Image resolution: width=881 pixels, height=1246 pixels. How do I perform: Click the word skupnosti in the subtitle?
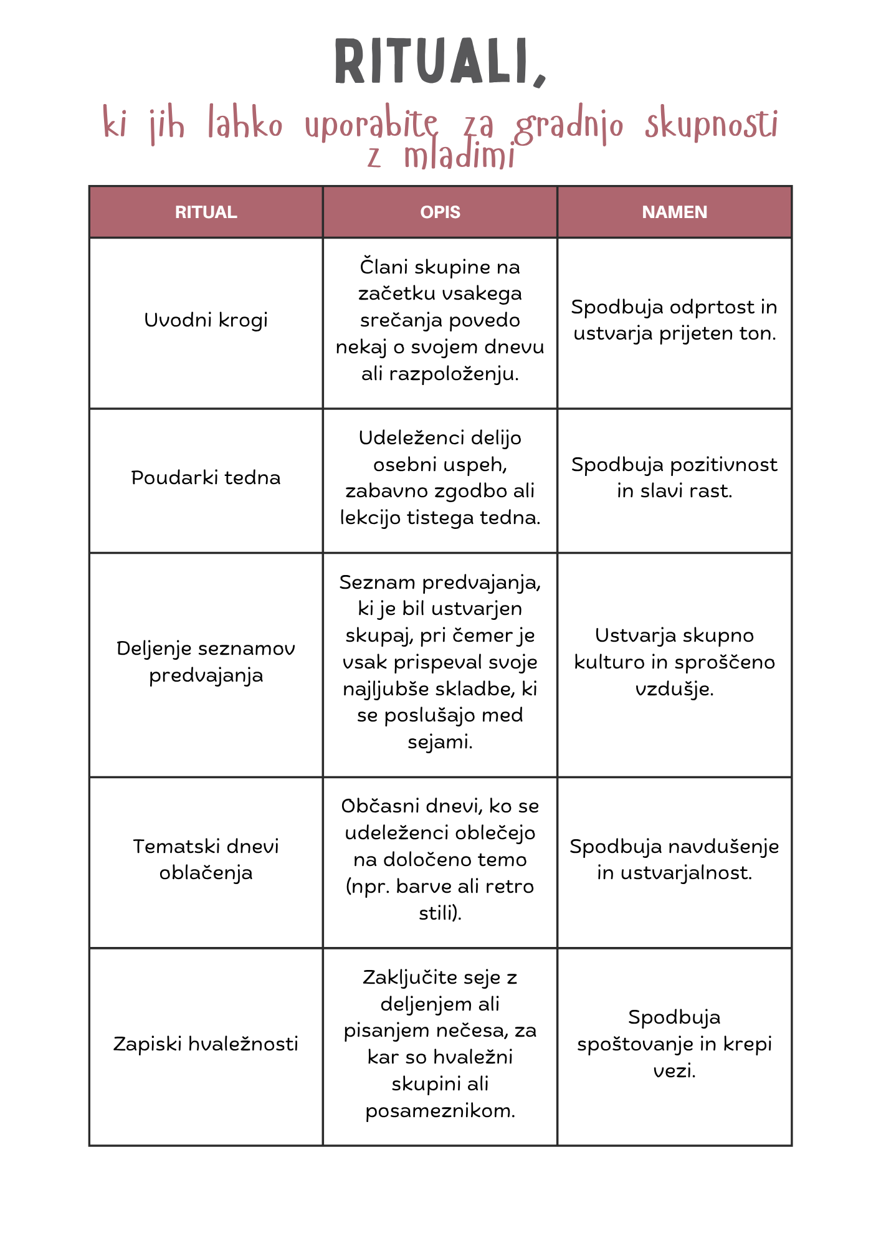pyautogui.click(x=711, y=124)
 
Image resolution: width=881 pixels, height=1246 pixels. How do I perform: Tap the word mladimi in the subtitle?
pyautogui.click(x=459, y=156)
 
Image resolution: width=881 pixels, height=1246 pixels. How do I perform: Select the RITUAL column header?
pyautogui.click(x=206, y=212)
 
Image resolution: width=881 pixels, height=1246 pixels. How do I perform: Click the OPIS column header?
pyautogui.click(x=440, y=212)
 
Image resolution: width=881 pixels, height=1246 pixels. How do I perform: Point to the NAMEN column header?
pyautogui.click(x=674, y=212)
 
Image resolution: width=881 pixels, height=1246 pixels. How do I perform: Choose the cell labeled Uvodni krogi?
pyautogui.click(x=206, y=320)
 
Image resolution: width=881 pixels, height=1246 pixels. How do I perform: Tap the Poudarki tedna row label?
pyautogui.click(x=206, y=478)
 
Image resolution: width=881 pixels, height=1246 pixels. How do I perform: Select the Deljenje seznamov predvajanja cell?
pyautogui.click(x=206, y=662)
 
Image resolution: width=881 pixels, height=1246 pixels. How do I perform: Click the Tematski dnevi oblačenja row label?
pyautogui.click(x=206, y=859)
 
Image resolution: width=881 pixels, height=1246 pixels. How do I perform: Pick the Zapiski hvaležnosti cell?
pyautogui.click(x=206, y=1044)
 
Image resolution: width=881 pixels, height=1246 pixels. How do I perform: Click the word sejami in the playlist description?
pyautogui.click(x=439, y=742)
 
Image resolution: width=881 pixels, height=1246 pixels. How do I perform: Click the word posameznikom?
pyautogui.click(x=440, y=1111)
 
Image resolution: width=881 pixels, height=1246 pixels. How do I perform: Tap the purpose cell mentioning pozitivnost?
pyautogui.click(x=674, y=478)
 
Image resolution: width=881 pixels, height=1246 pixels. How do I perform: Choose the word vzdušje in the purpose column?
pyautogui.click(x=674, y=689)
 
